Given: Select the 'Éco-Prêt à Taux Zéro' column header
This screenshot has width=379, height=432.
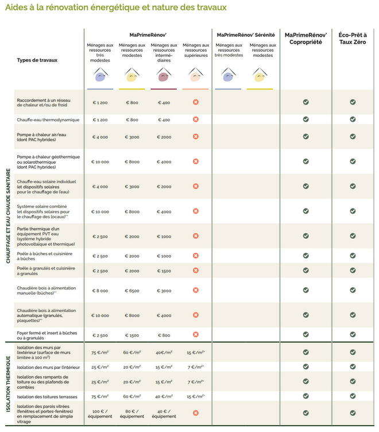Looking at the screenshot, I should [x=353, y=38].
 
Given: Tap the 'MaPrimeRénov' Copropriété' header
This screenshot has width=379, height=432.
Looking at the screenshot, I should [x=305, y=38].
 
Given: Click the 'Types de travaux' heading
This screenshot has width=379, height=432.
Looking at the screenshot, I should [x=37, y=60].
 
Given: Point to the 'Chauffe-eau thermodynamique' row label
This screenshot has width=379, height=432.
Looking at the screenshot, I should [x=48, y=119].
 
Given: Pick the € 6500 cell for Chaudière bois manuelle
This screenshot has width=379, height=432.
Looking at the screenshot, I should [x=132, y=291].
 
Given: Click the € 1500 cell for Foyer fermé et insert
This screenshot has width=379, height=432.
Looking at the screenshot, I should [x=132, y=335].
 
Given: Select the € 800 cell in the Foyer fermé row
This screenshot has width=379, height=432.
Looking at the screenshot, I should [x=164, y=335].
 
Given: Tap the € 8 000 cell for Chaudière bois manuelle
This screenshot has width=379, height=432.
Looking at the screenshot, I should [x=100, y=291].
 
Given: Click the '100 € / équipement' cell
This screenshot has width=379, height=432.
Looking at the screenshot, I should [x=100, y=413].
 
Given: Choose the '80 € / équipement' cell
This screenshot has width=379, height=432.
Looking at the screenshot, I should [x=132, y=413].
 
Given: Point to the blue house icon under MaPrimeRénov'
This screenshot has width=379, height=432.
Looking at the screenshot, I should [x=100, y=75].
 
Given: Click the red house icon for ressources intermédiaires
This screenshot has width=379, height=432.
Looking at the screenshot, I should [x=164, y=75].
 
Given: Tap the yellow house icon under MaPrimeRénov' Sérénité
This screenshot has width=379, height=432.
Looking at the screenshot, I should [x=262, y=75].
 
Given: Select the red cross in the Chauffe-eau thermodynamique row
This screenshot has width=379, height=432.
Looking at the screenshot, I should [x=195, y=119].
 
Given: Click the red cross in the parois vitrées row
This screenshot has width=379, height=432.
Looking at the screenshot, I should [x=195, y=412].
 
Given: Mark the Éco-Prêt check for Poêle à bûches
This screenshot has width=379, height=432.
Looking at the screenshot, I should [x=353, y=256].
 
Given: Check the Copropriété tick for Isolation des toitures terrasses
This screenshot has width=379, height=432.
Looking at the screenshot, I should [x=306, y=396].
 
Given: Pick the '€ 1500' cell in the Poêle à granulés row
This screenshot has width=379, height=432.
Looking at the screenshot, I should [x=164, y=271].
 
